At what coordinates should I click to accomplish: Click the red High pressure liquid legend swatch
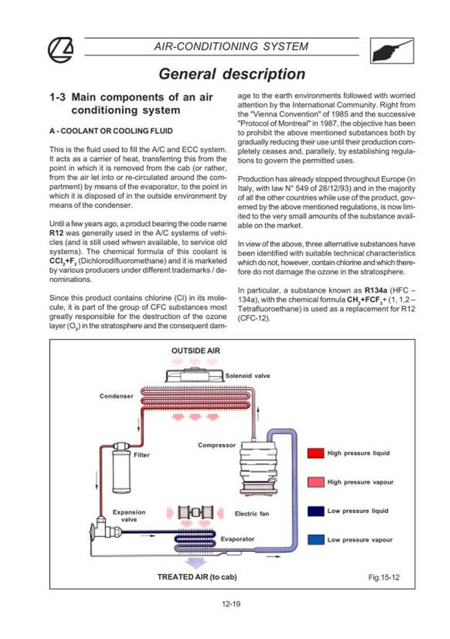315,454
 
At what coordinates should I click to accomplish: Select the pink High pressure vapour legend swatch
315,482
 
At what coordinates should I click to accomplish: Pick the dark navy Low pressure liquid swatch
315,511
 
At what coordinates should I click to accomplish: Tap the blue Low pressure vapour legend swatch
315,540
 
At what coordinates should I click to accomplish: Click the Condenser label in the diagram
116,396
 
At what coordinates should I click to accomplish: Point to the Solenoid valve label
248,375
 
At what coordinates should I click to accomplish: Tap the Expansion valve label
129,516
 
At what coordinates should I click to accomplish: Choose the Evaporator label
237,539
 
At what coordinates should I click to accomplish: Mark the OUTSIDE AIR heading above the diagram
196,351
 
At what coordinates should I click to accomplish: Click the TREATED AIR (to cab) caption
197,577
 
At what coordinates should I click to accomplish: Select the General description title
232,74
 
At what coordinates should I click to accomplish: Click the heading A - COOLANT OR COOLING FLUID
111,131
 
